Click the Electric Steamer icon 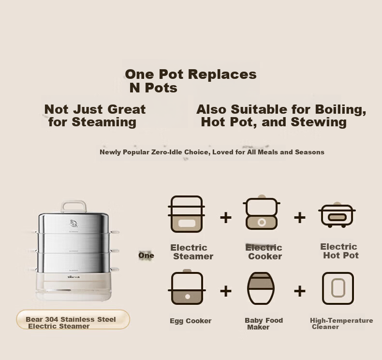point(186,214)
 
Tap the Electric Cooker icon point(262,212)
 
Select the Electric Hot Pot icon point(337,215)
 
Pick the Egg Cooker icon point(187,287)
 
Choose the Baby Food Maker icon point(261,288)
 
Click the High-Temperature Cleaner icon point(338,288)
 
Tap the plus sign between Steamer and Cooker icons point(226,217)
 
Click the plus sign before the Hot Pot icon point(300,217)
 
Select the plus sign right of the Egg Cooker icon point(226,291)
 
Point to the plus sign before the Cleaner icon point(300,291)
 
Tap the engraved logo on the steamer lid point(73,224)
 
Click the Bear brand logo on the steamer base point(73,277)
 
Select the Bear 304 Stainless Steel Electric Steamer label point(73,319)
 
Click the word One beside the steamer point(146,255)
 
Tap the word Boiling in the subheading point(340,109)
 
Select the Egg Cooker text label point(191,321)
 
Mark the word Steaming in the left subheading point(104,122)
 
